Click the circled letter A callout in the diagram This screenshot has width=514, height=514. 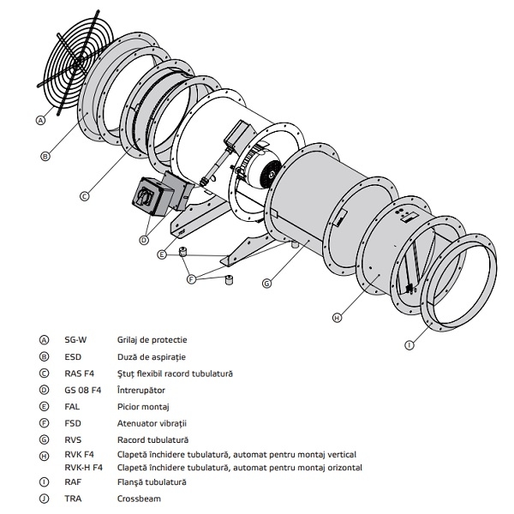(x=40, y=121)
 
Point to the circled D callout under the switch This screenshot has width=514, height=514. (x=143, y=240)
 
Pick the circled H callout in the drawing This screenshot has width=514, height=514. (x=337, y=318)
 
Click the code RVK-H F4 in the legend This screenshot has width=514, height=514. (x=84, y=468)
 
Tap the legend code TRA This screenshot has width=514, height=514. (x=73, y=499)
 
